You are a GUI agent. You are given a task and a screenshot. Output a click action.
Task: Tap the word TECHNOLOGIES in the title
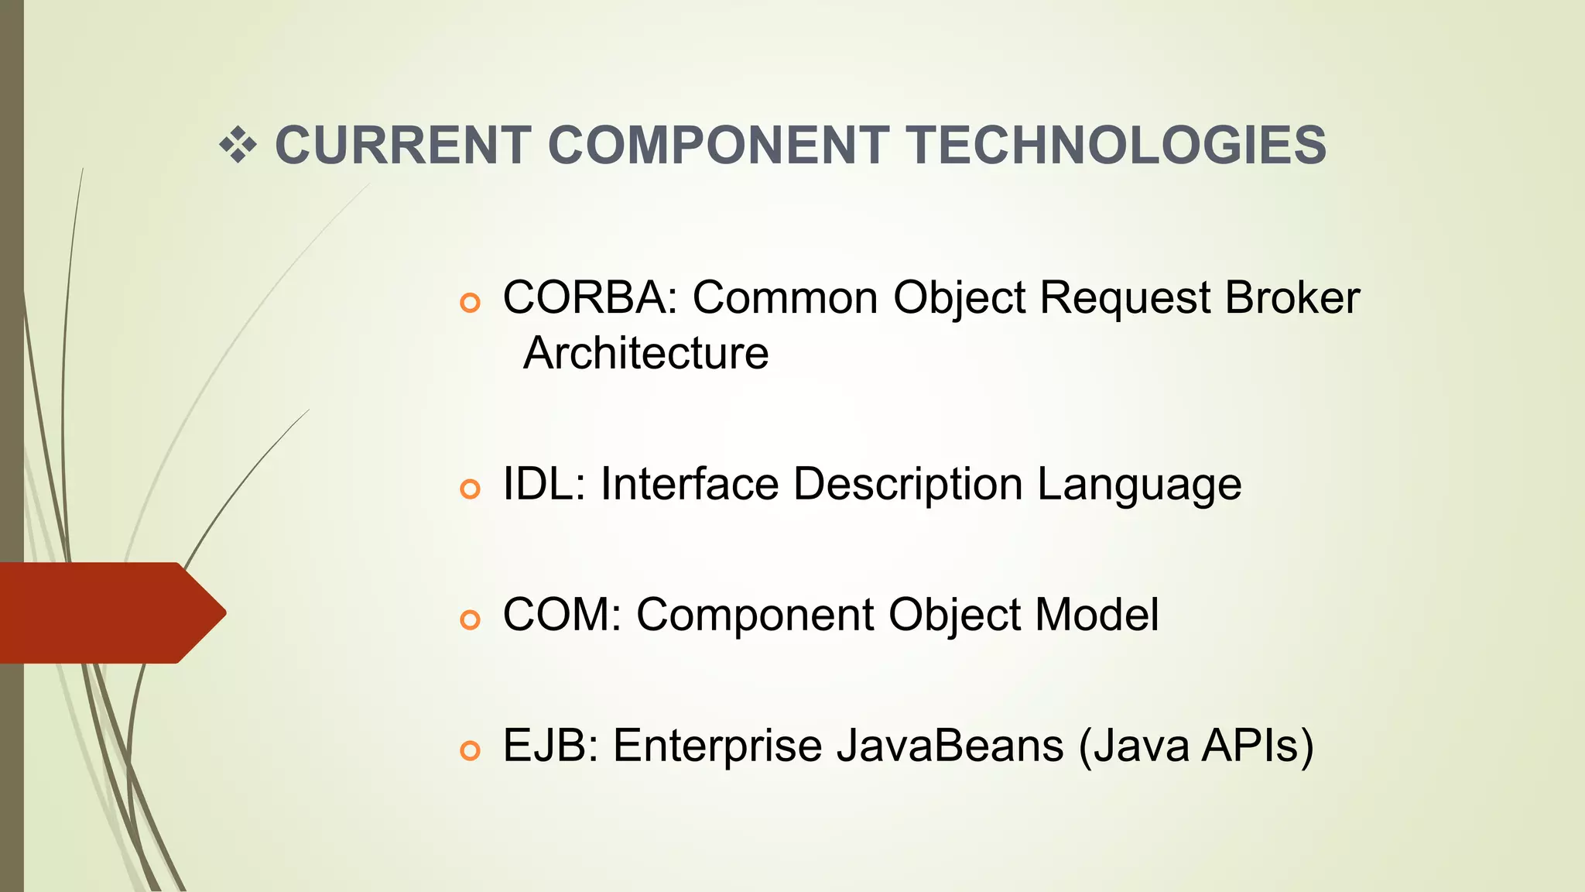tap(1117, 146)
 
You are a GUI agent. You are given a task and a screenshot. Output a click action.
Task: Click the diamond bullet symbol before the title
tap(238, 145)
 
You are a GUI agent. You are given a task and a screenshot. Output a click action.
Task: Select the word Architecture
tap(645, 353)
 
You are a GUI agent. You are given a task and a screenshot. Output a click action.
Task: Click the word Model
tap(1096, 616)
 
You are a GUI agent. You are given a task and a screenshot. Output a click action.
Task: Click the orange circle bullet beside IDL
tap(470, 489)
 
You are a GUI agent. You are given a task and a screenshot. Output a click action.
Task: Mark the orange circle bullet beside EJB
tap(470, 750)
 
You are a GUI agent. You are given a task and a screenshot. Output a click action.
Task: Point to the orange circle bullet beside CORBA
tap(470, 302)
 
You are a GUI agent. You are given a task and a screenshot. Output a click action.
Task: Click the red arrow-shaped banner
tap(108, 612)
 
